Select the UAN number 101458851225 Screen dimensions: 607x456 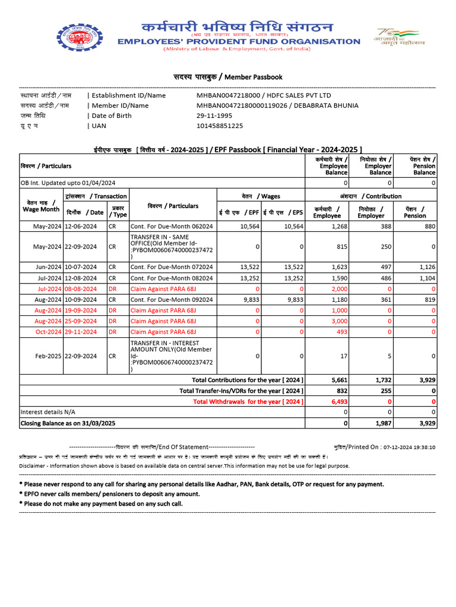pos(220,126)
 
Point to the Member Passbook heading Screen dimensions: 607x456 pos(227,77)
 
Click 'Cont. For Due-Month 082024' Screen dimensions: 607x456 pos(172,278)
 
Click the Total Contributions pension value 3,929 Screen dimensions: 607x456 pos(425,380)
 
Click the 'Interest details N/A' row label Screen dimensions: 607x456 pos(48,412)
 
